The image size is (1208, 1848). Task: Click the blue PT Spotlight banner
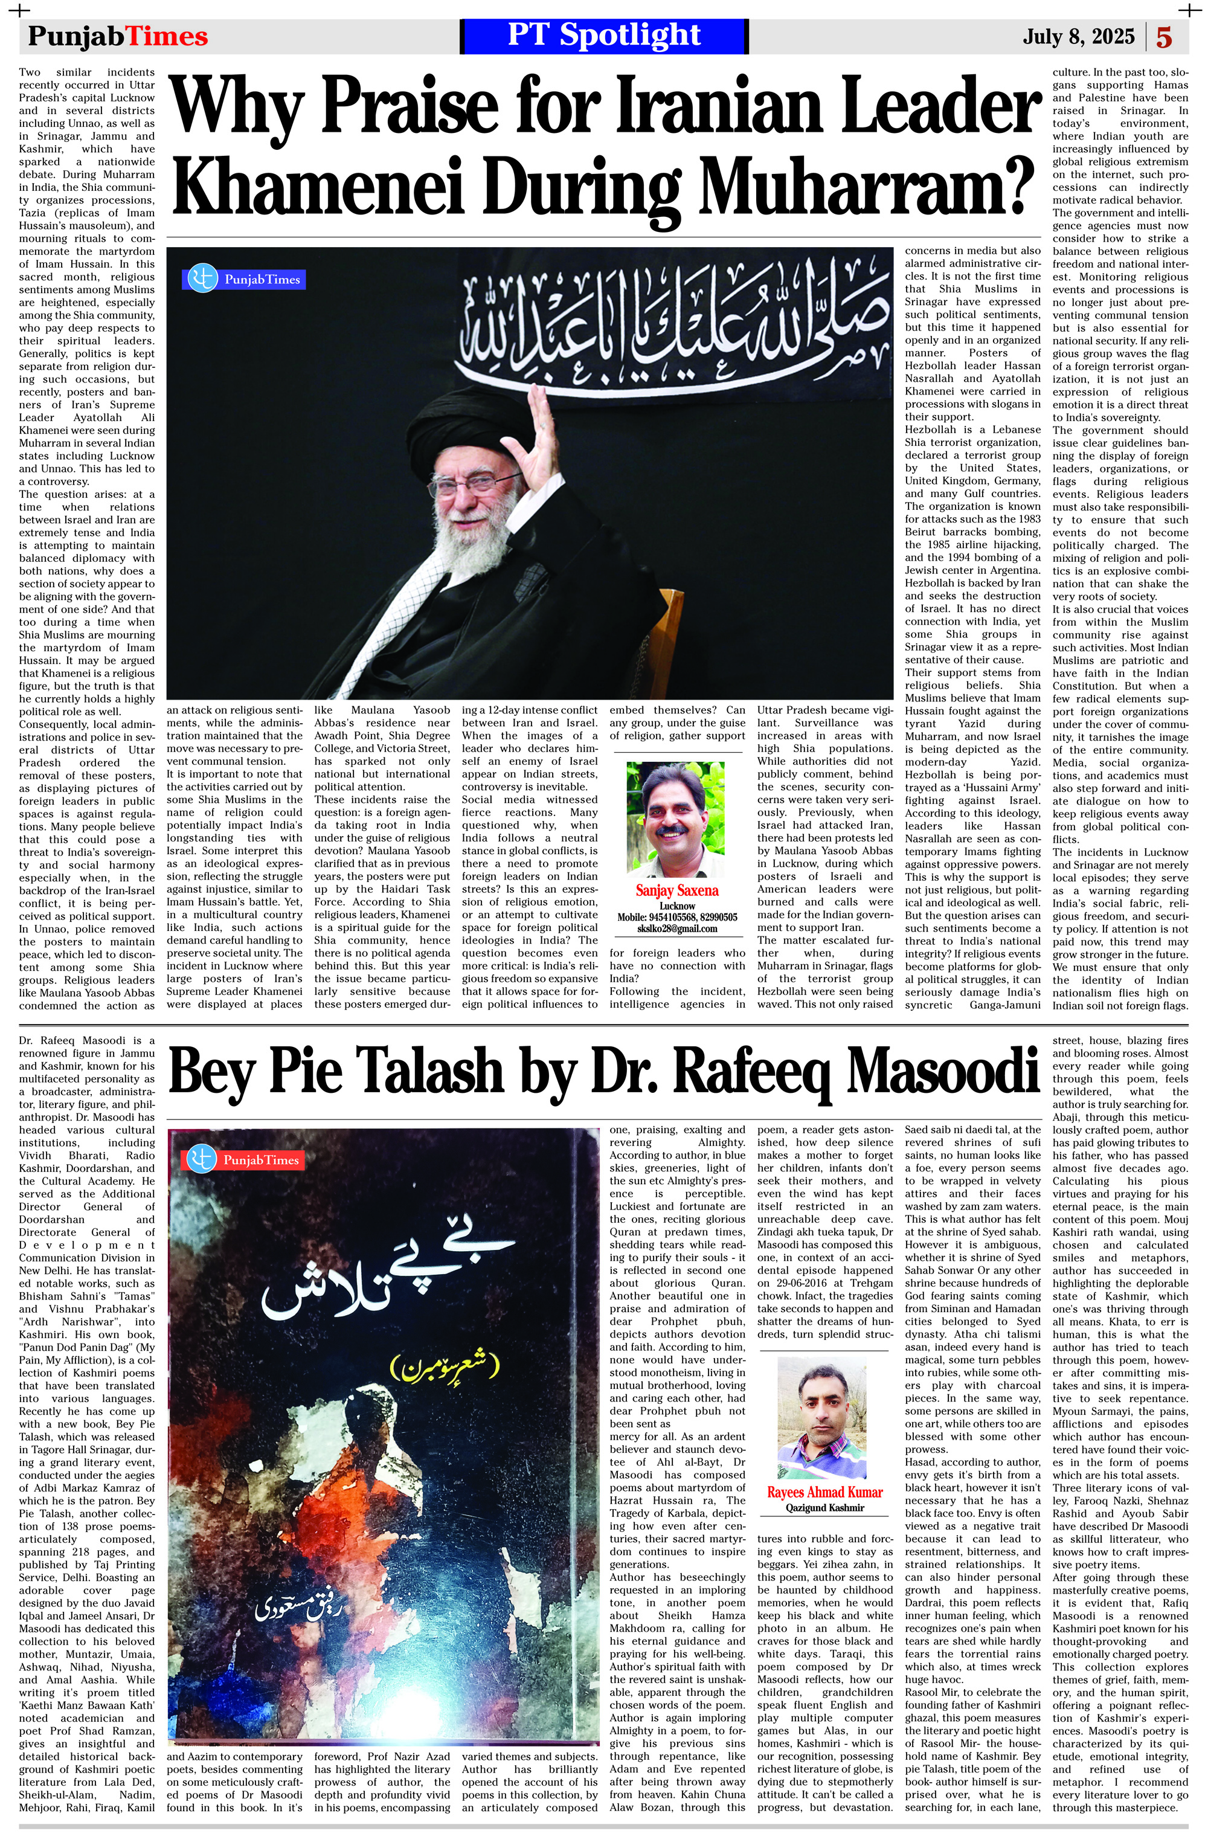point(604,36)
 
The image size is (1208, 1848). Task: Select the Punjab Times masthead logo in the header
point(118,36)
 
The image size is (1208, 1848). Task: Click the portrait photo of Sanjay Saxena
point(675,817)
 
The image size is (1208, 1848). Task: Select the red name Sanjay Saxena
point(677,890)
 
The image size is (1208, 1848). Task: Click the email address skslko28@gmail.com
point(676,928)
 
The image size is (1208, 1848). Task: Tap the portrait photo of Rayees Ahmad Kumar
point(821,1418)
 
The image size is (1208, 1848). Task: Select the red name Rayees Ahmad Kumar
point(824,1492)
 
